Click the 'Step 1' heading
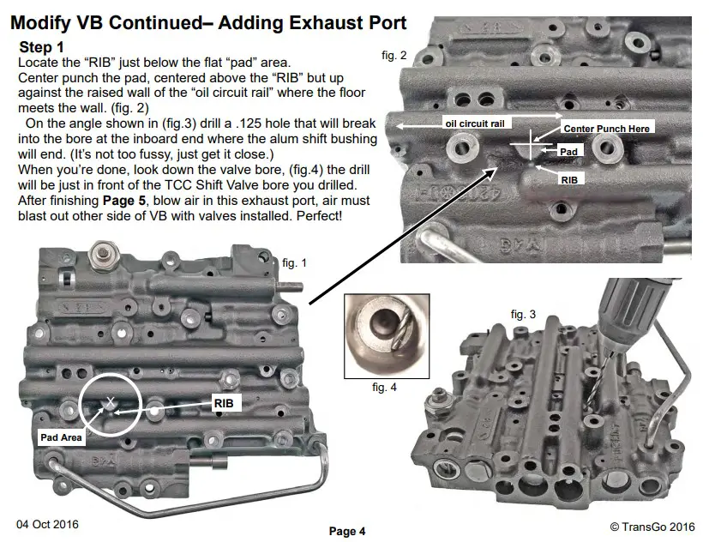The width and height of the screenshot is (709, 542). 41,48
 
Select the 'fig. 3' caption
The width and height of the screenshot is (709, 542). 523,315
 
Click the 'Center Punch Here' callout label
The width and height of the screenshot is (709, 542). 608,128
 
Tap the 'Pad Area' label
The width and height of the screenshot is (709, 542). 61,437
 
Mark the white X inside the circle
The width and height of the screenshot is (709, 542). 111,401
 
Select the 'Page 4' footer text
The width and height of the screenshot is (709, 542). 347,532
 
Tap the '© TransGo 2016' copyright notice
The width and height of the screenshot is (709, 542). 652,526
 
